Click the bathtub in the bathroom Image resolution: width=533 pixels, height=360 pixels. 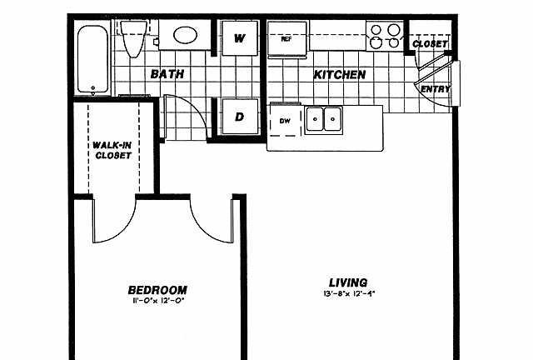click(92, 59)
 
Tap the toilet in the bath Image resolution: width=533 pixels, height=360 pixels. click(133, 38)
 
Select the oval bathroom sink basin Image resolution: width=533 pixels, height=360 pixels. click(185, 35)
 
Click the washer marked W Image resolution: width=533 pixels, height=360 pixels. click(240, 38)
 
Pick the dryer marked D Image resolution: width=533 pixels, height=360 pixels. click(240, 117)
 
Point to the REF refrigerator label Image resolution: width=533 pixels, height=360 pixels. click(286, 39)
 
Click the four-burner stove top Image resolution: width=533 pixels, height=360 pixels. click(385, 36)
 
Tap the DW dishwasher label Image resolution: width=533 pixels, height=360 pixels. click(285, 121)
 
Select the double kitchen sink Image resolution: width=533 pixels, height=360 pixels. click(324, 120)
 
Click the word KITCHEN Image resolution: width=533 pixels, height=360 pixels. click(340, 75)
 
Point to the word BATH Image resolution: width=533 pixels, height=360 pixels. click(167, 74)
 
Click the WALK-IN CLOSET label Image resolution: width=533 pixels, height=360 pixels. click(112, 150)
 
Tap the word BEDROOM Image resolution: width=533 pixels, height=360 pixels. click(157, 290)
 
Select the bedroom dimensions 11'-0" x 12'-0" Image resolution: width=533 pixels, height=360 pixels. click(158, 301)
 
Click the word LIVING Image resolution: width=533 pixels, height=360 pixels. click(348, 282)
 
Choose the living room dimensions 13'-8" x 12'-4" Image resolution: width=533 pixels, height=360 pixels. click(349, 293)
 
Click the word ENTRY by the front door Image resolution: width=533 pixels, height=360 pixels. click(436, 89)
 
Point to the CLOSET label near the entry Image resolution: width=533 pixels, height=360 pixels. click(430, 44)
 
